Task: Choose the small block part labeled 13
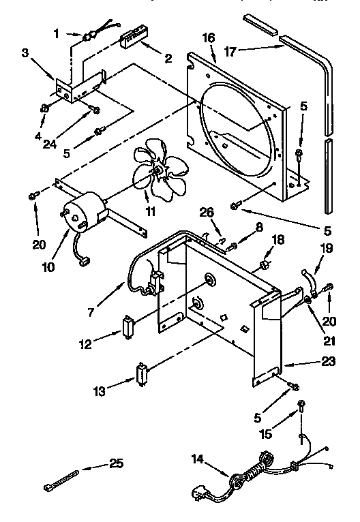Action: [142, 373]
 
